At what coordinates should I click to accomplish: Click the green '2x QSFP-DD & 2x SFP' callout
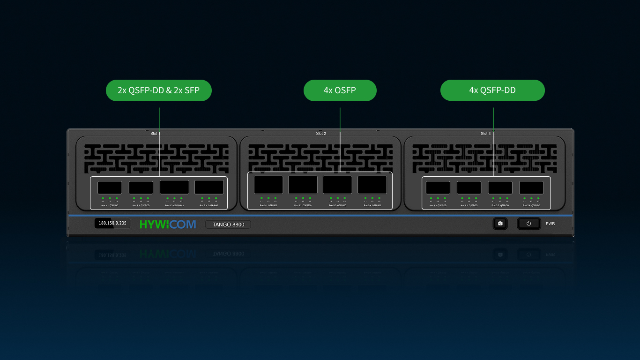tap(158, 90)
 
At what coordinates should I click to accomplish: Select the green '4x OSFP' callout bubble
tap(340, 90)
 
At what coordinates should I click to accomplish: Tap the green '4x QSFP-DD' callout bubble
tap(492, 90)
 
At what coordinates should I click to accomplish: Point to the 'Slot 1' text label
tap(156, 134)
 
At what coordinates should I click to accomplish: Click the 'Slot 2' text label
tap(321, 134)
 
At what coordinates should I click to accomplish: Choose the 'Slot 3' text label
tap(485, 134)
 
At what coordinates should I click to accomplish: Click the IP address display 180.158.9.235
tap(112, 223)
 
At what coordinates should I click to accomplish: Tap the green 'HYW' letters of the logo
tap(154, 225)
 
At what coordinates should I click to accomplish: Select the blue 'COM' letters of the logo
tap(182, 225)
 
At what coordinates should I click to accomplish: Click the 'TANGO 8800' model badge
tap(228, 225)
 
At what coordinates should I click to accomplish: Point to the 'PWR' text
tap(550, 224)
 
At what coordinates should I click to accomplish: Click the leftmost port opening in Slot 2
tap(268, 185)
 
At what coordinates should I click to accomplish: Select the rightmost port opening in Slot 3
tap(531, 187)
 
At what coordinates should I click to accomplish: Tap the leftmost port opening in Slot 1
tap(110, 187)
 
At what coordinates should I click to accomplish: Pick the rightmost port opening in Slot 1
tap(209, 187)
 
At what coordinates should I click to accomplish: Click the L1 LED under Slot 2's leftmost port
tap(261, 198)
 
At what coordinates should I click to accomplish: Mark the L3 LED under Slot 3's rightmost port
tap(538, 199)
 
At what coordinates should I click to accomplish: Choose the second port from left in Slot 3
tap(469, 187)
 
